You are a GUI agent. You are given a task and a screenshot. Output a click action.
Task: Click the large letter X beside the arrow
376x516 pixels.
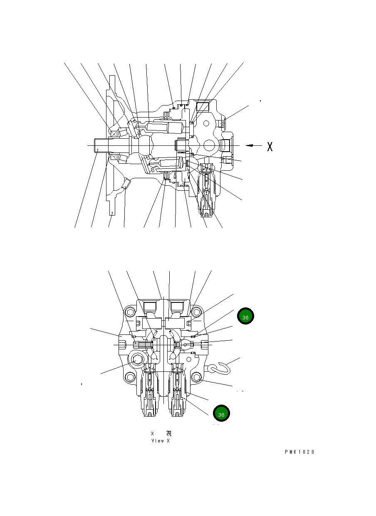(270, 146)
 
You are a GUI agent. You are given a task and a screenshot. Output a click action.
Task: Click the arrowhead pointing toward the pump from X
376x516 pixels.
(249, 145)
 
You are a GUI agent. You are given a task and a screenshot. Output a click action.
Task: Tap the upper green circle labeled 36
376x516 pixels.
(245, 317)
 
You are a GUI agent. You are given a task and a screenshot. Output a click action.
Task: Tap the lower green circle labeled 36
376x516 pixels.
(221, 414)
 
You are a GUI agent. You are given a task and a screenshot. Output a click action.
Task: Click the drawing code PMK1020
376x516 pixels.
(299, 452)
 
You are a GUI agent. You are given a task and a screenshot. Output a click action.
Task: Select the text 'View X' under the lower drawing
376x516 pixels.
(160, 441)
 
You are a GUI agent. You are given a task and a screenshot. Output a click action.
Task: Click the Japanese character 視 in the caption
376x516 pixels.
(168, 433)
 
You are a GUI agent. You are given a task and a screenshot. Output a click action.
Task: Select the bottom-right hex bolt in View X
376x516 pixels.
(196, 377)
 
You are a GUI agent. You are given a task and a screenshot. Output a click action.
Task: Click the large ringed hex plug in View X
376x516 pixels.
(137, 360)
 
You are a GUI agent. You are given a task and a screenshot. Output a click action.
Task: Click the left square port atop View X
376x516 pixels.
(149, 307)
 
